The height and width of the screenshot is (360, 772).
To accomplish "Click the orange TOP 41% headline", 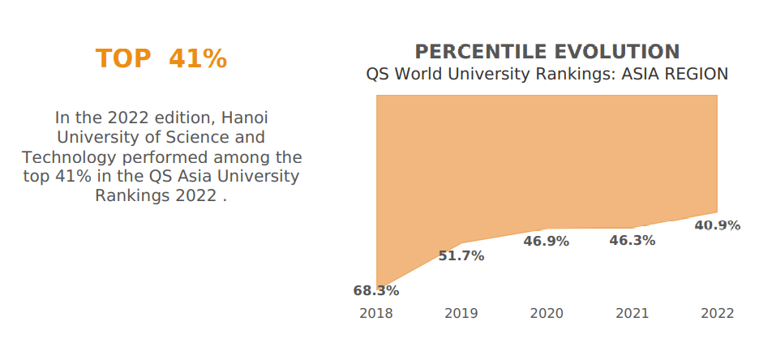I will (x=161, y=59).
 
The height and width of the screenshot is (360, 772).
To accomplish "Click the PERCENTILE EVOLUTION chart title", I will (x=547, y=52).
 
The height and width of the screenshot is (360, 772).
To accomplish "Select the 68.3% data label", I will (x=376, y=290).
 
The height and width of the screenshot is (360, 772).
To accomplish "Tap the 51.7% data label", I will (x=461, y=256).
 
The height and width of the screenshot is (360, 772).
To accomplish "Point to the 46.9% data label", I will (x=547, y=242).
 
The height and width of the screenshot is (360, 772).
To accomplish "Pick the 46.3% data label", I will (x=633, y=241).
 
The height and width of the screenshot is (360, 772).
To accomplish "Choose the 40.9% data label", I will (x=718, y=225).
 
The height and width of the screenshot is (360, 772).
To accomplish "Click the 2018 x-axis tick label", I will (x=376, y=314).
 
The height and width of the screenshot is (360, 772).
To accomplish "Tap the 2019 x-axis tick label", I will (x=461, y=314).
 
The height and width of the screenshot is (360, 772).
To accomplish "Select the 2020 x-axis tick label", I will (x=547, y=314).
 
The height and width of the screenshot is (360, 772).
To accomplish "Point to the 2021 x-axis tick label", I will (x=633, y=314).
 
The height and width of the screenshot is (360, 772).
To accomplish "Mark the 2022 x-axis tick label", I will (x=718, y=314).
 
